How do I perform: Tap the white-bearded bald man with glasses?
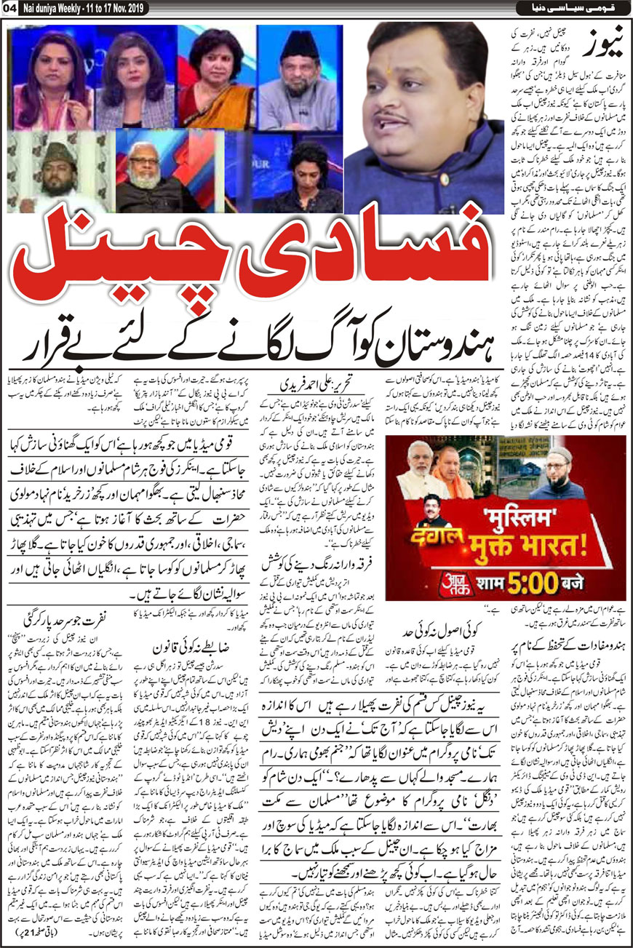point(148,175)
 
